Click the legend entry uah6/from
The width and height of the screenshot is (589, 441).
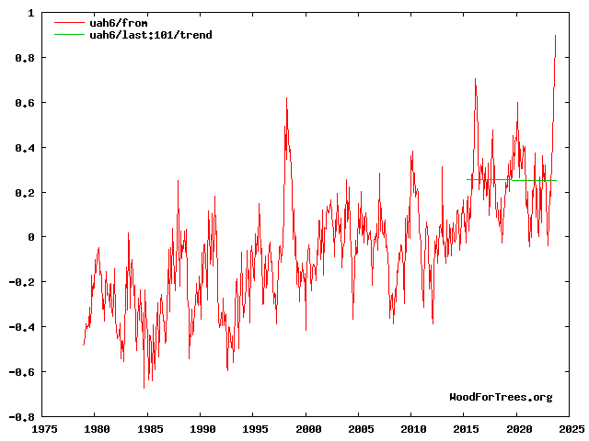point(114,23)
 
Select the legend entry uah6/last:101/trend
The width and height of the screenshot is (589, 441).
point(150,35)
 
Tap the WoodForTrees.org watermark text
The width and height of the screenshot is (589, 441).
point(501,397)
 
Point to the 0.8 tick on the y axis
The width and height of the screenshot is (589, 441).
point(24,58)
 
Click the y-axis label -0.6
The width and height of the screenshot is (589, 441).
point(21,372)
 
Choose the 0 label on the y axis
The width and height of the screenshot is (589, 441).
point(30,237)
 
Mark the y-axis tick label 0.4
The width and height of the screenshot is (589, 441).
point(24,148)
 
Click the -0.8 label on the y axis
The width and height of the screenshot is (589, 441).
point(21,417)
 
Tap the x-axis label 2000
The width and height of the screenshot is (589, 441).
point(308,429)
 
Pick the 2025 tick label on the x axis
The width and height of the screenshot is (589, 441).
point(571,429)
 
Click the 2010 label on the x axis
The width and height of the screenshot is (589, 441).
point(414,429)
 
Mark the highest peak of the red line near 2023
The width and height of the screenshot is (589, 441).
point(555,36)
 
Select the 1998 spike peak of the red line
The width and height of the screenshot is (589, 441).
point(286,98)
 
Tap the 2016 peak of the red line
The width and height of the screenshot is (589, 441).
point(475,79)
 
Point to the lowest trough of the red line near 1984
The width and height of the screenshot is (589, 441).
point(144,388)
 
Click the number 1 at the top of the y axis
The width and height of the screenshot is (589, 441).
point(30,14)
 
